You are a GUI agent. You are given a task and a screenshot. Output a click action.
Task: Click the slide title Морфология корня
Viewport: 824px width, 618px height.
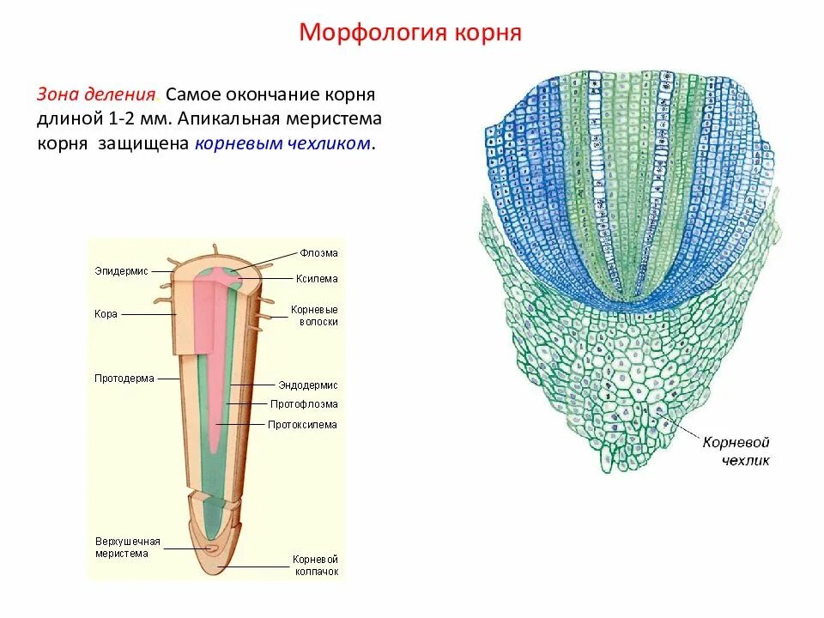point(410,33)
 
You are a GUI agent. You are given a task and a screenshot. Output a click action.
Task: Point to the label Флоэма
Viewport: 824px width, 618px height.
point(318,253)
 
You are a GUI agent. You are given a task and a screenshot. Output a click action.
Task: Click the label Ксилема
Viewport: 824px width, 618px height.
point(318,279)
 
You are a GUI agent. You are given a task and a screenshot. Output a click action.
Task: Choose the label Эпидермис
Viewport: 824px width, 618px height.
point(121,271)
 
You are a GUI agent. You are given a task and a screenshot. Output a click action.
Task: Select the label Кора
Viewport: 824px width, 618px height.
point(106,314)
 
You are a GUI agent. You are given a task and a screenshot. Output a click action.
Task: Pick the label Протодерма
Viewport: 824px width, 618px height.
point(124,379)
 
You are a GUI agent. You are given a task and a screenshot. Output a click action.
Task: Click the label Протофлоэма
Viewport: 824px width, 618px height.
point(304,404)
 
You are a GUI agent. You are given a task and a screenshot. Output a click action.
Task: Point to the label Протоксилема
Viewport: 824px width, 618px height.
point(302,425)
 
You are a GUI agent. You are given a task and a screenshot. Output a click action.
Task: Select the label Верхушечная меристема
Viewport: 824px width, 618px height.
point(128,548)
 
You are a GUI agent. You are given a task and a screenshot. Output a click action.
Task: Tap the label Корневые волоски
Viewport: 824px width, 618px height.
point(314,315)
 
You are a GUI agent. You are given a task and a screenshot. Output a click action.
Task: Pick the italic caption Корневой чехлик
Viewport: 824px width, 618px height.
point(736,451)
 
